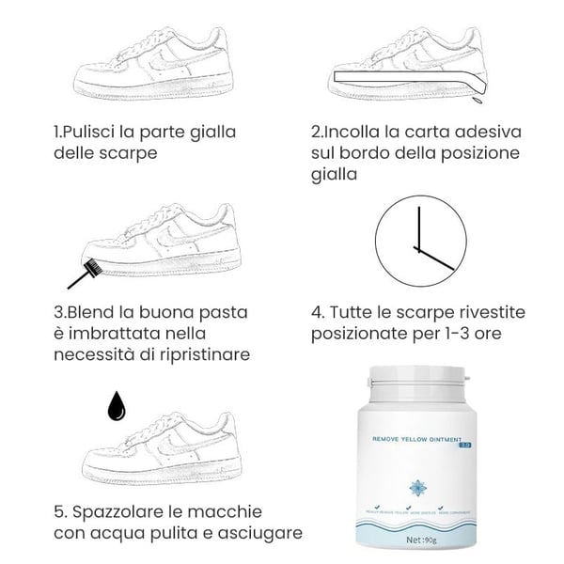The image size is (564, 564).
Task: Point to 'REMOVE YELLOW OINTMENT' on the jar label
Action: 412,438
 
